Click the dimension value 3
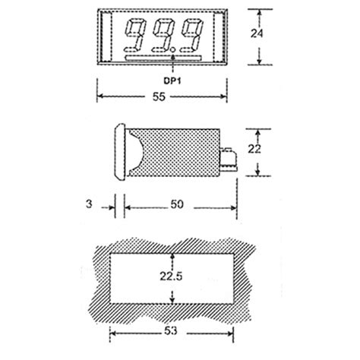tap(89, 205)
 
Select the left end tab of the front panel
tap(106, 36)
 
